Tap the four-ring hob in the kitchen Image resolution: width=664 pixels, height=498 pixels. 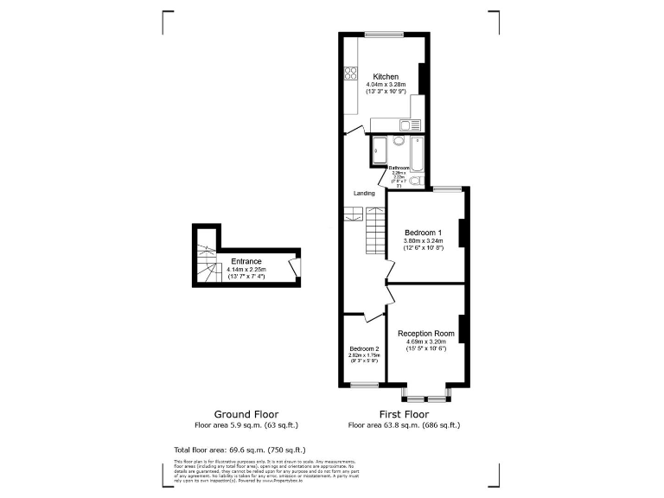pyautogui.click(x=352, y=74)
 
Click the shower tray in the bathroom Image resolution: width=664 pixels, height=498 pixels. pyautogui.click(x=379, y=150)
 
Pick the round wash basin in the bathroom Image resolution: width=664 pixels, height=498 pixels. pyautogui.click(x=398, y=141)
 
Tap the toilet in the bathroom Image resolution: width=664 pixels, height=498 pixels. pyautogui.click(x=416, y=181)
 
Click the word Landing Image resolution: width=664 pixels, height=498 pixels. pyautogui.click(x=364, y=193)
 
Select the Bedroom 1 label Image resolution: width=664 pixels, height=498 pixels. pyautogui.click(x=424, y=233)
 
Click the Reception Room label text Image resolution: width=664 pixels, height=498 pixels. pyautogui.click(x=425, y=334)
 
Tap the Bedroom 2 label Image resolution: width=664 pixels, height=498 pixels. pyautogui.click(x=363, y=348)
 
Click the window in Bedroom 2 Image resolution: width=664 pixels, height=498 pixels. pyautogui.click(x=363, y=386)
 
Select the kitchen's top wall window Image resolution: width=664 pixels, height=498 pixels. pyautogui.click(x=384, y=35)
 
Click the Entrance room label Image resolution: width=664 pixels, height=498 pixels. pyautogui.click(x=246, y=261)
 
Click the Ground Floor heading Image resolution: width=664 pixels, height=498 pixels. pyautogui.click(x=246, y=414)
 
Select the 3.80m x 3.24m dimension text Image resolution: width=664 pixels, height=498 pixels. pyautogui.click(x=424, y=240)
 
